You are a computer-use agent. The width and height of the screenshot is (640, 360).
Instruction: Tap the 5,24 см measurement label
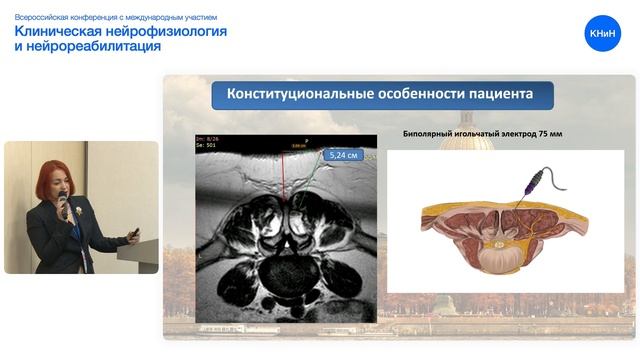click(x=342, y=155)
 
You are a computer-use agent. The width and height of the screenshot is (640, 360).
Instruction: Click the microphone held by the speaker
click(x=65, y=205)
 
